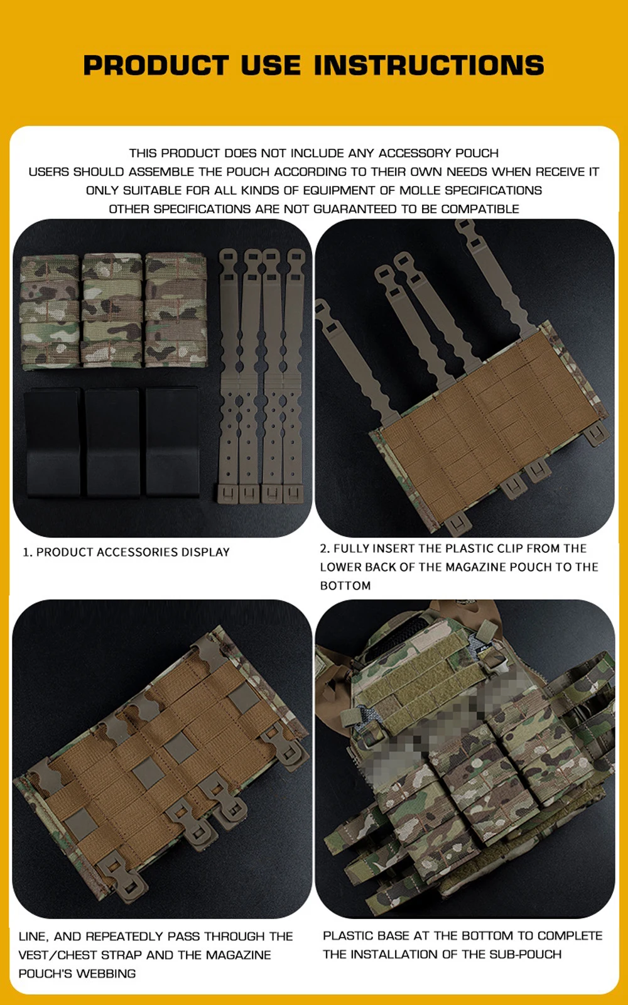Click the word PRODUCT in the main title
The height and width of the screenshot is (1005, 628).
pos(156,65)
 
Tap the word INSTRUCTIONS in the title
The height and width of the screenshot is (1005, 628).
pos(429,65)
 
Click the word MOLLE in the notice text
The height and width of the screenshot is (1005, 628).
pos(420,190)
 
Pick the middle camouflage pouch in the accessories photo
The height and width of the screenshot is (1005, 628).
pos(112,310)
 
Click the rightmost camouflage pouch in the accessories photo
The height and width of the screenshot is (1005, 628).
pos(175,310)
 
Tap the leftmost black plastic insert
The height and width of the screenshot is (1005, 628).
pos(53,443)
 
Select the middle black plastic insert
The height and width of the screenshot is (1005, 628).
pos(113,443)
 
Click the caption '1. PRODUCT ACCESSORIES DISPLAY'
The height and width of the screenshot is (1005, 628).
pos(126,552)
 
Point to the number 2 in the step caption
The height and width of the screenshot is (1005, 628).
pos(324,548)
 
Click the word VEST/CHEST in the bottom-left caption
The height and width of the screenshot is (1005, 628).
pos(57,955)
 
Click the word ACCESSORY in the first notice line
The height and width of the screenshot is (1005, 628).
pos(415,153)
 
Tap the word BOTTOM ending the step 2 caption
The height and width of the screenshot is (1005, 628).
pos(345,585)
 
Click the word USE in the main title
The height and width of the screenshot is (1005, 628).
pos(271,65)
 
